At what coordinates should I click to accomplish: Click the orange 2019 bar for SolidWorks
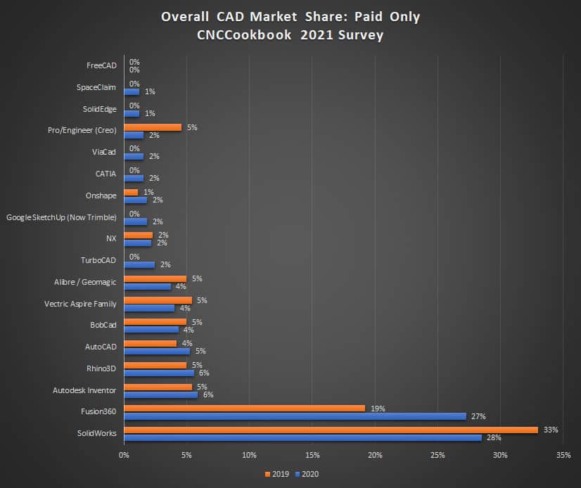(331, 430)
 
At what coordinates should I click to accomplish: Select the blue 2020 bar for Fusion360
(295, 416)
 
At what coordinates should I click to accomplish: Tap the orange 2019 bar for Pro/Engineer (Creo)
(153, 127)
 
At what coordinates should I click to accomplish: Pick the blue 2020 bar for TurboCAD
(139, 265)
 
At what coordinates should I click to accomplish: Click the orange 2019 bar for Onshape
(131, 192)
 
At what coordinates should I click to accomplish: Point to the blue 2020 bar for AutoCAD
(157, 351)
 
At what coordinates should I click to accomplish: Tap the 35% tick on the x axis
(563, 455)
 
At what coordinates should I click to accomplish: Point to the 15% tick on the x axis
(312, 455)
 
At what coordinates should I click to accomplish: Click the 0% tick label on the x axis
(124, 455)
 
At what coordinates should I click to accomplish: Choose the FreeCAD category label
(101, 65)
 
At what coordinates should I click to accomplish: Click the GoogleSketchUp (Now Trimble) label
(61, 218)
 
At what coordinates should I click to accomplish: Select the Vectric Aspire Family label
(80, 304)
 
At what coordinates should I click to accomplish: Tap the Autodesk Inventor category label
(84, 390)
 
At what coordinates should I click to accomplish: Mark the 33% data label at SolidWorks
(551, 429)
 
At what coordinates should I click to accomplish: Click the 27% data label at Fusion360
(478, 416)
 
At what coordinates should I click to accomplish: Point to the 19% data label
(378, 408)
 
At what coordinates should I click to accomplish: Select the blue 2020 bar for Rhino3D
(159, 373)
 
